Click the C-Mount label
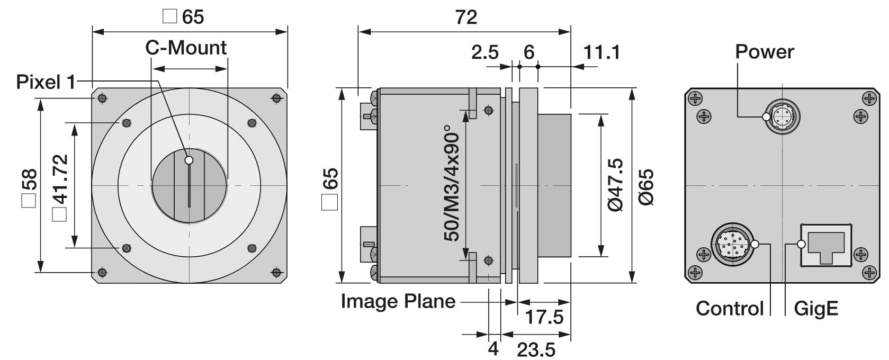click(186, 48)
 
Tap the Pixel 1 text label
click(46, 82)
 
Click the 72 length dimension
click(466, 17)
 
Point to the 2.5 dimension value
click(484, 52)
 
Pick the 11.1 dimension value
click(601, 52)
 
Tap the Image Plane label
click(398, 301)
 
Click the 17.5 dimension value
click(544, 317)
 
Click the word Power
click(765, 52)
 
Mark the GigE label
click(816, 308)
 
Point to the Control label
click(730, 308)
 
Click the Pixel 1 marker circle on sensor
click(189, 160)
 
